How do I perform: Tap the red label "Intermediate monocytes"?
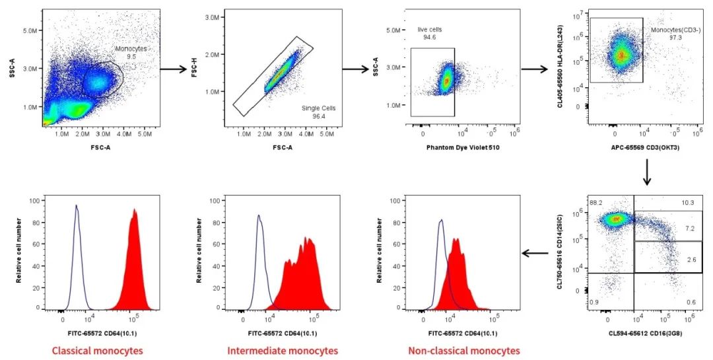point(282,350)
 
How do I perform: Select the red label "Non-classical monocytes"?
point(463,350)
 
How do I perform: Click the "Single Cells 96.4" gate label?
point(314,112)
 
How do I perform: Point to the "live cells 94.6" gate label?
point(430,33)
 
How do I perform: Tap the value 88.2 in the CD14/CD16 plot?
point(596,202)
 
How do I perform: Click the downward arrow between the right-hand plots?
point(647,173)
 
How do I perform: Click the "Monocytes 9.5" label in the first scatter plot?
point(131,53)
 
